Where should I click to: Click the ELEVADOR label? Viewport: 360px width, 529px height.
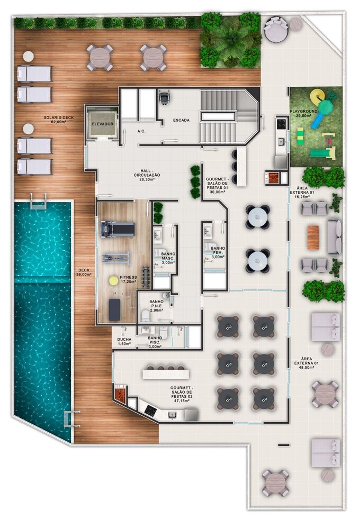tap(103, 124)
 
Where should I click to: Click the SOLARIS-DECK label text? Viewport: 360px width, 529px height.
tap(58, 118)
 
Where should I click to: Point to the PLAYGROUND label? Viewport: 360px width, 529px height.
tap(303, 111)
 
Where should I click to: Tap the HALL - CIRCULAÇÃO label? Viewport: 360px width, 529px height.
tap(147, 173)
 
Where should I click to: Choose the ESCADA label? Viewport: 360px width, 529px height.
tap(182, 120)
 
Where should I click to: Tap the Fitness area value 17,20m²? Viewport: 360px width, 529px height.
tap(128, 281)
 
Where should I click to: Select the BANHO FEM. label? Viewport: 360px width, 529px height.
tap(218, 251)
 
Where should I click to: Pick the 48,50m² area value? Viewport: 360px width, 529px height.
tap(303, 368)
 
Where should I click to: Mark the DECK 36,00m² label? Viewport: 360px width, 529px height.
tap(84, 272)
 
